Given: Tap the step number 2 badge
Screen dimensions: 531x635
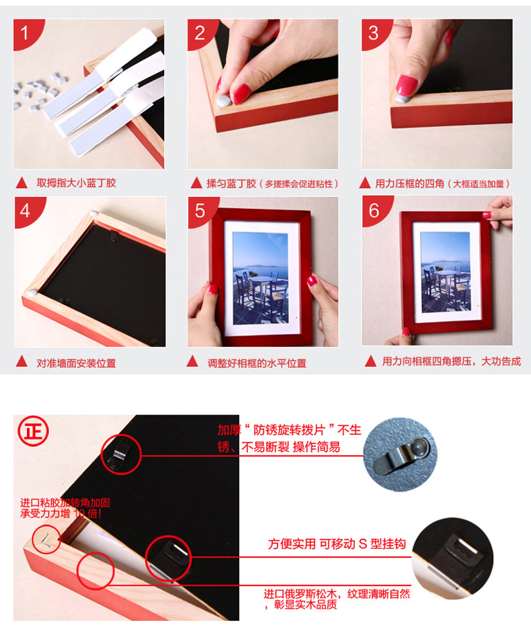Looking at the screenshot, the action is [x=200, y=32].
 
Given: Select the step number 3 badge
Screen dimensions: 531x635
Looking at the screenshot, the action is [x=374, y=32].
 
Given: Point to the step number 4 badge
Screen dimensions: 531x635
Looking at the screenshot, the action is [x=27, y=210].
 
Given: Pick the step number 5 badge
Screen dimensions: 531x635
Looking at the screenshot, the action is [x=200, y=210].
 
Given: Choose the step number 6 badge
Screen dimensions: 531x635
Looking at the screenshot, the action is [x=374, y=210].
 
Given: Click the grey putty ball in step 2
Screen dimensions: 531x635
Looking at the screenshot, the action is [x=223, y=101].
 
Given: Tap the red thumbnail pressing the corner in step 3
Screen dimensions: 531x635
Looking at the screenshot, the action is [x=406, y=85].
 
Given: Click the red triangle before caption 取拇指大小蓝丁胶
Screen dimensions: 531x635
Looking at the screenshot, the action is [x=22, y=183].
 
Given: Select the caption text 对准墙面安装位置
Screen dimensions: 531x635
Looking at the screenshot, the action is [x=76, y=363].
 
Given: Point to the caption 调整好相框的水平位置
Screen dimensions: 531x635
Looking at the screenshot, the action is [x=257, y=363].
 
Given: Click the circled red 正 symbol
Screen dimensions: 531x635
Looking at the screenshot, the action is [x=33, y=431].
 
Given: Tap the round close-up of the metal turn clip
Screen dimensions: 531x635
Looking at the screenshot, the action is [x=400, y=455].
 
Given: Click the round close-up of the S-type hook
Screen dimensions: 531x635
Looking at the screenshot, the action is [x=453, y=558].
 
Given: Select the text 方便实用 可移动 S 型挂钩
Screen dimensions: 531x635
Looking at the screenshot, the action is [x=337, y=544].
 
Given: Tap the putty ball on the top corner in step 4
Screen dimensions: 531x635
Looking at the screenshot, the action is [x=94, y=213].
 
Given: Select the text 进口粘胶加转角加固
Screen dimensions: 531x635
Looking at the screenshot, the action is [x=65, y=503].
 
